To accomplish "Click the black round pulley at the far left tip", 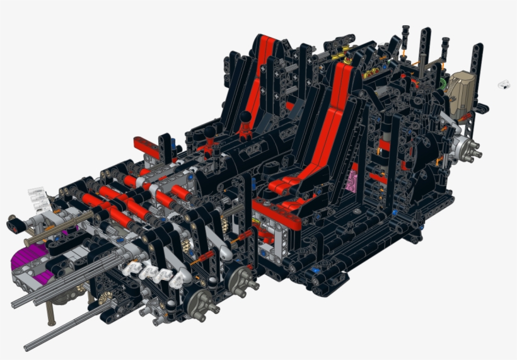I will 13,223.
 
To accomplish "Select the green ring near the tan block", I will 444,83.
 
